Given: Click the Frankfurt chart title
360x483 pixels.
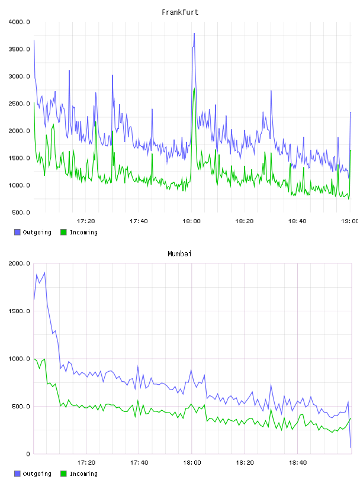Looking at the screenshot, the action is click(x=180, y=12).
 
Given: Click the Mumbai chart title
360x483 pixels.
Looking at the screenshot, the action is click(x=179, y=253).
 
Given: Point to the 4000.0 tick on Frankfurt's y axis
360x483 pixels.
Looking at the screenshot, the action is click(x=19, y=22).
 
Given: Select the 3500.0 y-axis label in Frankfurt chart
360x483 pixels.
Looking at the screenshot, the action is click(x=19, y=49).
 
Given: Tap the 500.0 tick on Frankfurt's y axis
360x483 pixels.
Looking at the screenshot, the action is click(x=21, y=212).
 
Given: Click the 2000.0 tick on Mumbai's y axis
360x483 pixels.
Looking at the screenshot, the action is click(x=19, y=263).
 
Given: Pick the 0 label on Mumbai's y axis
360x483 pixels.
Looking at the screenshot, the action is click(x=28, y=454).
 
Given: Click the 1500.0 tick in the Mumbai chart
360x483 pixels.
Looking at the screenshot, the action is click(x=19, y=311).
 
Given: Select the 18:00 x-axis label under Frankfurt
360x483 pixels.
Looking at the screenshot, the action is click(x=191, y=221).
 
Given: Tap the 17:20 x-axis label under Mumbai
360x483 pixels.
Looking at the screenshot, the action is click(x=86, y=463).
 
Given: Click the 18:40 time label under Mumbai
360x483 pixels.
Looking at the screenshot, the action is click(x=298, y=463).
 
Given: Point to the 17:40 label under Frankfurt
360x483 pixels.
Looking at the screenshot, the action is click(x=139, y=221).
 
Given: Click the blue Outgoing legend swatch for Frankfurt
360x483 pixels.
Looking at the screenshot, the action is click(x=17, y=232).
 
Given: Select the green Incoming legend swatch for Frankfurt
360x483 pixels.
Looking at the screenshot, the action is click(x=63, y=232).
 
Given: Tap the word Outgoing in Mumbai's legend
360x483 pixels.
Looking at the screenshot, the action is click(x=37, y=474).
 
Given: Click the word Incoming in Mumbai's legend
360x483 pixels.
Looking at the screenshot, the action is click(x=83, y=474).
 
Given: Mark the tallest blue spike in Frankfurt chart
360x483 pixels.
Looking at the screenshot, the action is click(x=194, y=34).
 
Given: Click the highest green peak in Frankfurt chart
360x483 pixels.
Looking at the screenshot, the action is click(x=194, y=89).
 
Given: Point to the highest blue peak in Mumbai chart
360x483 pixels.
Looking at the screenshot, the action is click(x=44, y=273).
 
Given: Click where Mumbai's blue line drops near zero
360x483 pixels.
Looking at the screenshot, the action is click(x=351, y=447).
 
